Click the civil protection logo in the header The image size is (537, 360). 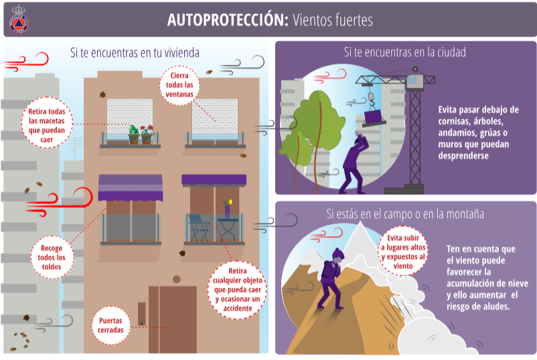(x=19, y=20)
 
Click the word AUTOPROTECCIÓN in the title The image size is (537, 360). (x=228, y=20)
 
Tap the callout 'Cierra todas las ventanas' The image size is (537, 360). (x=179, y=85)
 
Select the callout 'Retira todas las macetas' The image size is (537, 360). (x=47, y=125)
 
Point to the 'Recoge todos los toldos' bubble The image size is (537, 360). (x=52, y=258)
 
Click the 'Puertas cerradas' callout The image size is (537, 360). (x=110, y=325)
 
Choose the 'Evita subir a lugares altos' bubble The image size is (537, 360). (x=403, y=252)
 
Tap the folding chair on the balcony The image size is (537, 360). (x=199, y=227)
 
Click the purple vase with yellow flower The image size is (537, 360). (x=227, y=209)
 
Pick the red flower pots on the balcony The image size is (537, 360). (x=141, y=134)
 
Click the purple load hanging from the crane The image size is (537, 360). (x=375, y=116)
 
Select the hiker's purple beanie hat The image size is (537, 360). (x=337, y=254)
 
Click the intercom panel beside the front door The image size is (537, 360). (x=141, y=314)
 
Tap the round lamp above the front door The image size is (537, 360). (x=176, y=279)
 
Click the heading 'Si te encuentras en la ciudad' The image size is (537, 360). (x=405, y=52)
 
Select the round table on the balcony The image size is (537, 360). (x=228, y=230)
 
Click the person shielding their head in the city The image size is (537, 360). (x=354, y=163)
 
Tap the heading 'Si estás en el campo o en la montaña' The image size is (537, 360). (x=405, y=214)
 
